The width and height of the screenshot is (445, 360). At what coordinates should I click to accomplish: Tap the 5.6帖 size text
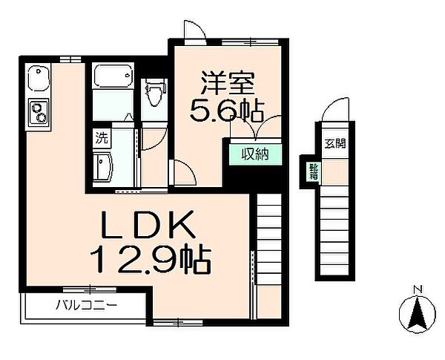[x=227, y=111]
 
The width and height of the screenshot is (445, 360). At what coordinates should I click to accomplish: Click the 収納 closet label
[x=255, y=155]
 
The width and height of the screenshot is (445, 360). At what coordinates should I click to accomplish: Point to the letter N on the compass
[x=417, y=289]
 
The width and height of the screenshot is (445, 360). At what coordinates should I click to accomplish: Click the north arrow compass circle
[x=416, y=313]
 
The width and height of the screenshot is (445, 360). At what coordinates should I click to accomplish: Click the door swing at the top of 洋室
[x=192, y=29]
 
